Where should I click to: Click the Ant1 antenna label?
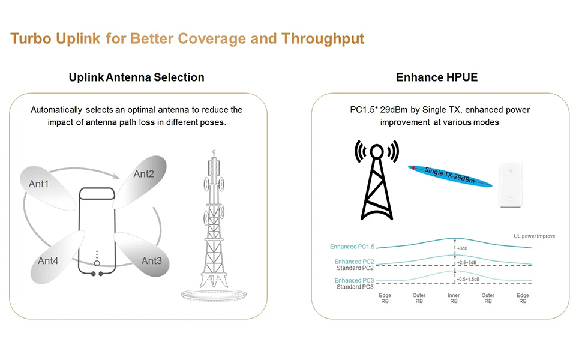38,184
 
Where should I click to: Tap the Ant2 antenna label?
143,173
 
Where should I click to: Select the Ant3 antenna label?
151,260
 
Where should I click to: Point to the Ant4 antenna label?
48,260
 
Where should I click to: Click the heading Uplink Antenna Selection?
137,77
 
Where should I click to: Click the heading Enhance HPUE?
437,77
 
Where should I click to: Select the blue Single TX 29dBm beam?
450,176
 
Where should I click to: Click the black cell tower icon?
377,180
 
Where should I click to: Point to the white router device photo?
510,185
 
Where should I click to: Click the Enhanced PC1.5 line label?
352,247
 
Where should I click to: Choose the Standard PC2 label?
355,268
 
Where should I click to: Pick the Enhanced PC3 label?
354,281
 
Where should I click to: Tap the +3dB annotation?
462,248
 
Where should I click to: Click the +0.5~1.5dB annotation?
468,279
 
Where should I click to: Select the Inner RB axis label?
454,298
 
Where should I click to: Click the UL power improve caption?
535,236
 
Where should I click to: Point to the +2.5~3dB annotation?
467,262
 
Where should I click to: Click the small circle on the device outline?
97,263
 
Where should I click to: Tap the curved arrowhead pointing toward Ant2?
116,176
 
